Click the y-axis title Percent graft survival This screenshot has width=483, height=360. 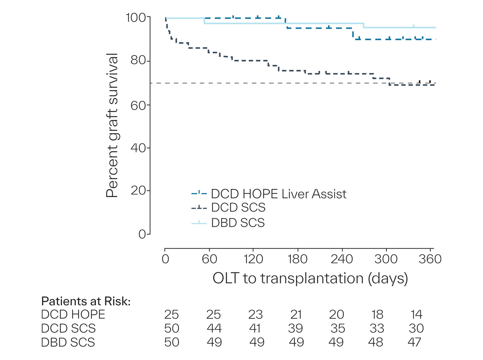pyautogui.click(x=112, y=125)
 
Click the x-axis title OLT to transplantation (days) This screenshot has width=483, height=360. pyautogui.click(x=310, y=278)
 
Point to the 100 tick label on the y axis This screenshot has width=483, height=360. pyautogui.click(x=136, y=17)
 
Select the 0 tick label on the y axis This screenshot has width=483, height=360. pyautogui.click(x=142, y=234)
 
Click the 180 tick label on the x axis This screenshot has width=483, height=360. pyautogui.click(x=297, y=259)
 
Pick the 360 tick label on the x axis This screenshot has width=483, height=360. pyautogui.click(x=430, y=259)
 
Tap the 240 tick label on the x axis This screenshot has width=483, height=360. pyautogui.click(x=341, y=259)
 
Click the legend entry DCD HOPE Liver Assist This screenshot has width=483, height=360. pyautogui.click(x=278, y=194)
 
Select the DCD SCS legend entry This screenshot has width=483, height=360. pyautogui.click(x=238, y=208)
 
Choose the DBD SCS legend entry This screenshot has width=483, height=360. pyautogui.click(x=238, y=223)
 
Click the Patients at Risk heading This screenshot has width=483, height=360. pyautogui.click(x=86, y=301)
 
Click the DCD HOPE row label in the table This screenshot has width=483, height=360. pyautogui.click(x=73, y=315)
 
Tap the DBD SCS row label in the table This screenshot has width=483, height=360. pyautogui.click(x=68, y=342)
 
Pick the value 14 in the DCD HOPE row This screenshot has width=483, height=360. pyautogui.click(x=416, y=315)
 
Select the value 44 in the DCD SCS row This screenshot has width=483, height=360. pyautogui.click(x=214, y=328)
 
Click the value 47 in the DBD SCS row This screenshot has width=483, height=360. pyautogui.click(x=415, y=342)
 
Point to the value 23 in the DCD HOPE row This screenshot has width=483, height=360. pyautogui.click(x=255, y=315)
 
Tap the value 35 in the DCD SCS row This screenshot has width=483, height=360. pyautogui.click(x=337, y=328)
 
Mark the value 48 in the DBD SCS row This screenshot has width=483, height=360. pyautogui.click(x=376, y=342)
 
